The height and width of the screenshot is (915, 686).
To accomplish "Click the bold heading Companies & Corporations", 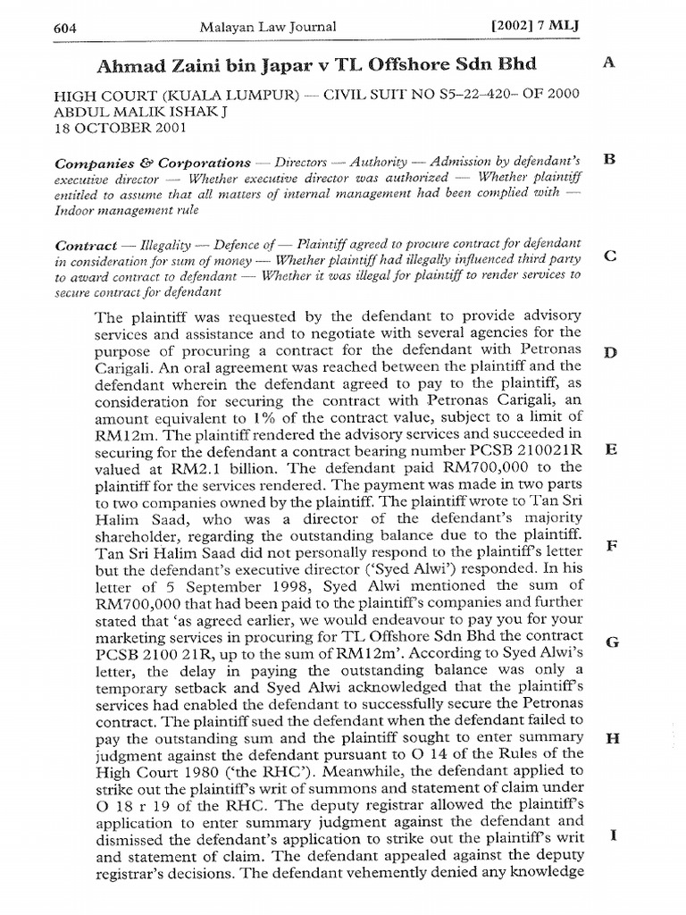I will (153, 164).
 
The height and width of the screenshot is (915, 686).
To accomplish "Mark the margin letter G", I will (611, 642).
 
